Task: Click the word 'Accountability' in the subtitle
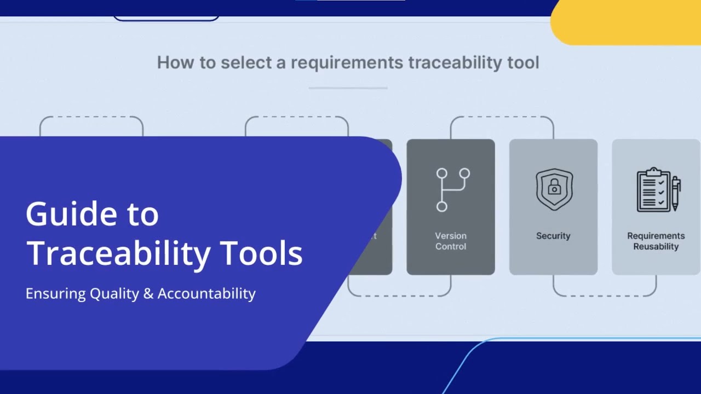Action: pyautogui.click(x=206, y=294)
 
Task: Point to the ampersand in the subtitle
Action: pyautogui.click(x=147, y=294)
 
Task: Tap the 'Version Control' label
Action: pyautogui.click(x=451, y=241)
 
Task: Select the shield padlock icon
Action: pyautogui.click(x=554, y=189)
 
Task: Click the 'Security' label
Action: pyautogui.click(x=553, y=236)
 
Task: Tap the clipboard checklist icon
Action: pyautogui.click(x=653, y=190)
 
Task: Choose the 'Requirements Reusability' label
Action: pyautogui.click(x=656, y=241)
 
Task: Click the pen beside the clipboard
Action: pyautogui.click(x=676, y=193)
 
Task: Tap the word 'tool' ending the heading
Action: pyautogui.click(x=523, y=62)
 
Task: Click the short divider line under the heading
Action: pyautogui.click(x=348, y=88)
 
